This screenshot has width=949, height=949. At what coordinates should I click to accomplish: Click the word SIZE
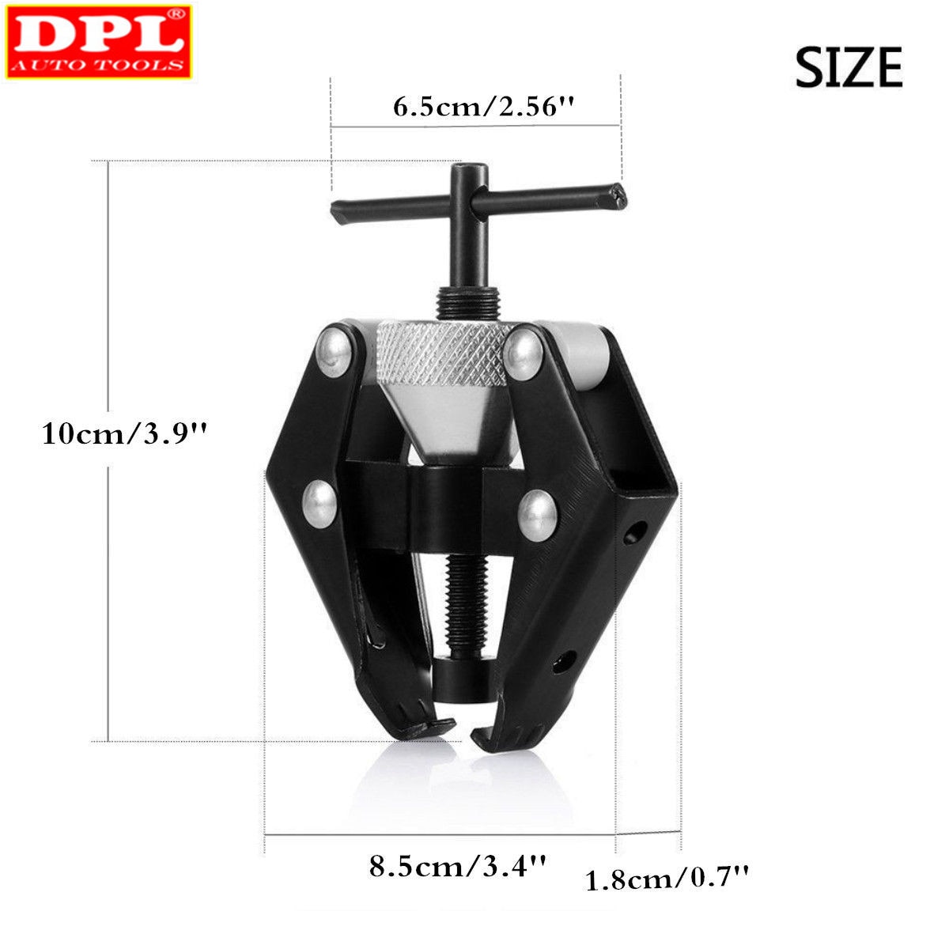pos(848,67)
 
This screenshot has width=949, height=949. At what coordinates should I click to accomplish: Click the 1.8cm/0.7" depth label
pos(666,878)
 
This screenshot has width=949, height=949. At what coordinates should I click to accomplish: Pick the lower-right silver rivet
pos(539,515)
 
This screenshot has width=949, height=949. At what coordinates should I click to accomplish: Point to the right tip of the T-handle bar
pos(614,192)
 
